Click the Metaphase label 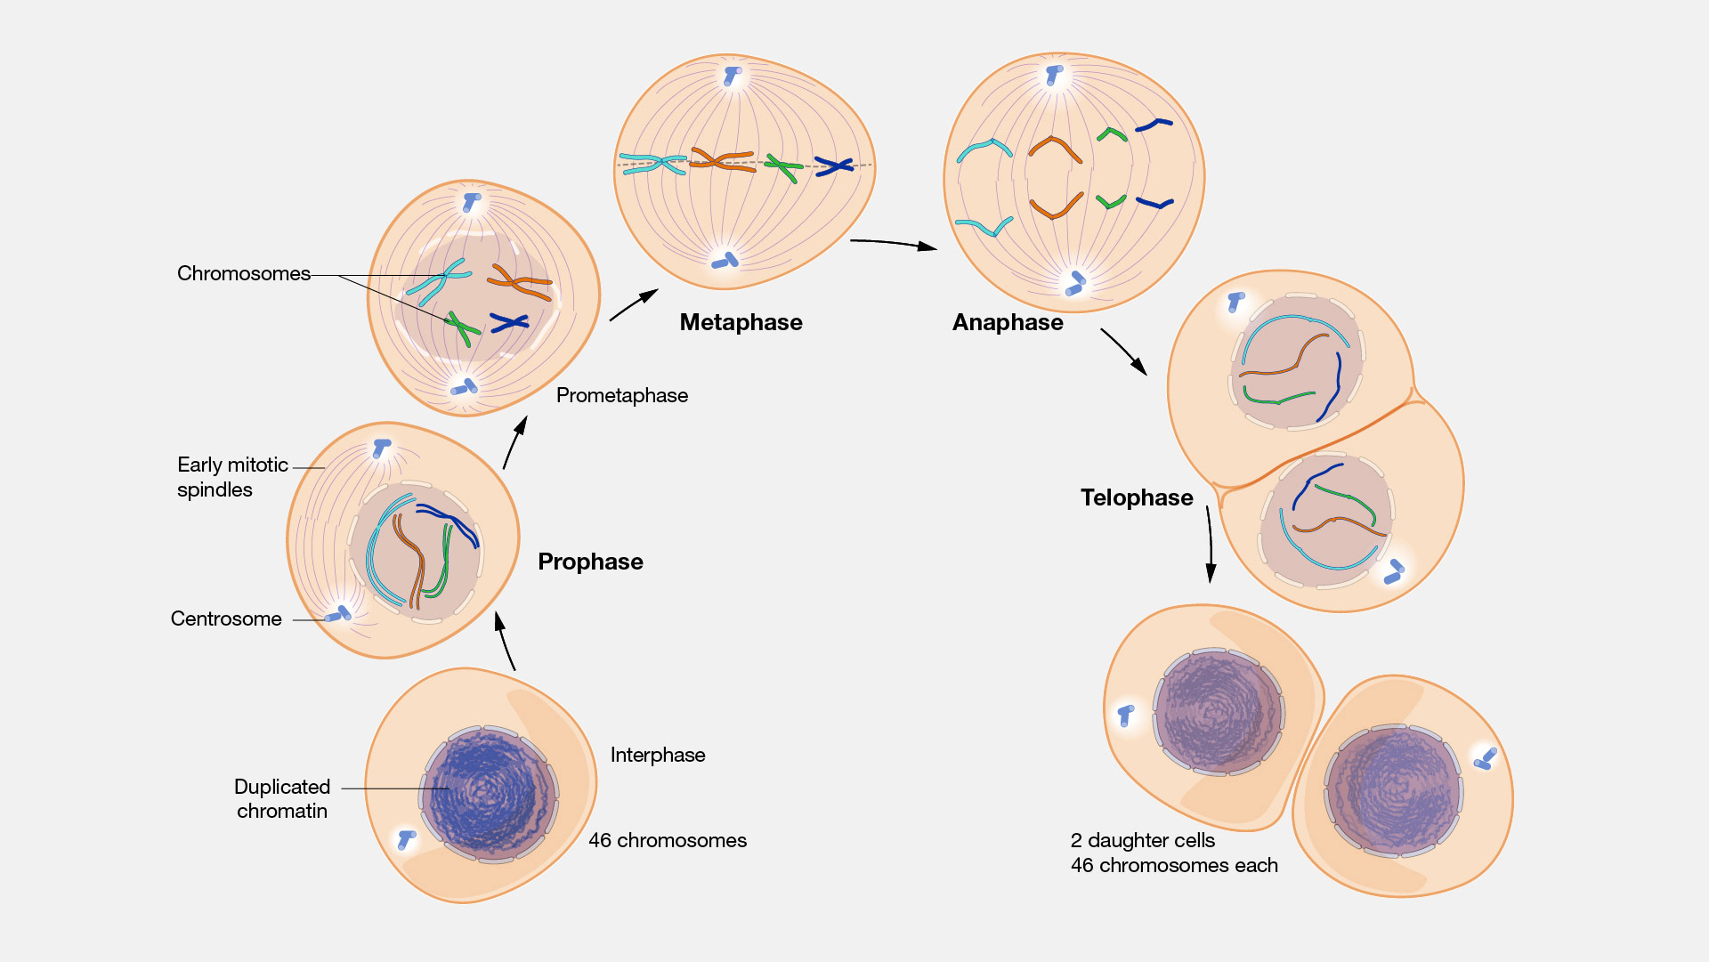click(741, 322)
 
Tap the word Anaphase click(1007, 322)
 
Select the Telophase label click(1136, 497)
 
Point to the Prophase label click(590, 562)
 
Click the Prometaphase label click(621, 395)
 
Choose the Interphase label click(657, 755)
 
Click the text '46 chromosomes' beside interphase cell click(667, 840)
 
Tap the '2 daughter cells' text click(1142, 840)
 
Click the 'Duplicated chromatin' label click(281, 798)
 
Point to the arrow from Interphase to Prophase click(505, 641)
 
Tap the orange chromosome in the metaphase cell click(721, 161)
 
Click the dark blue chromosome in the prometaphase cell click(509, 322)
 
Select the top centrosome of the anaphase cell click(1055, 75)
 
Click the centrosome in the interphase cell click(407, 838)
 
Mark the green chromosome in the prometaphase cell click(461, 327)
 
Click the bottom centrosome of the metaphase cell click(725, 261)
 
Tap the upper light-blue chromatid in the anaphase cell click(984, 148)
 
